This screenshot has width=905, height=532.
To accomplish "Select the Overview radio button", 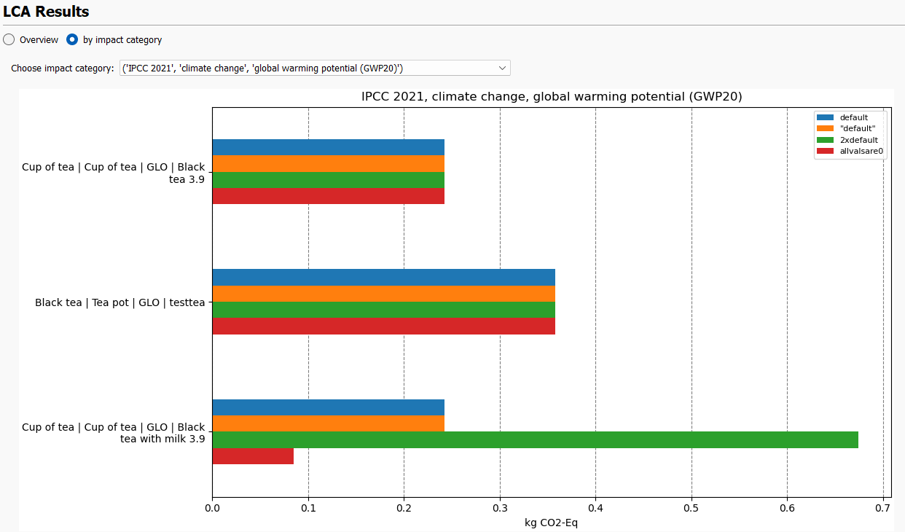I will tap(9, 40).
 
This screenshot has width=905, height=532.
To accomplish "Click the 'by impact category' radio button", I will tap(72, 40).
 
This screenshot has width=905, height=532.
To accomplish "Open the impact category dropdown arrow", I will tap(502, 68).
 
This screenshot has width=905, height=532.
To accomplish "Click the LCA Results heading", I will tap(46, 12).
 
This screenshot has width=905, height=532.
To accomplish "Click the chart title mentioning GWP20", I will tap(552, 96).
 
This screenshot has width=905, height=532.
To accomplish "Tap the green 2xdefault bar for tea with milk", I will tap(535, 439).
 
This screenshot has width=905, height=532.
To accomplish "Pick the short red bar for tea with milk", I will tap(253, 456).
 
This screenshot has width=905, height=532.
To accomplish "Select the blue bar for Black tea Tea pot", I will tap(383, 278).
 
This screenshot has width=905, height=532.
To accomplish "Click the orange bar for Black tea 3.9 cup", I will tap(328, 163).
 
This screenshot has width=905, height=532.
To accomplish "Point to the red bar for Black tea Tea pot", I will tap(383, 326).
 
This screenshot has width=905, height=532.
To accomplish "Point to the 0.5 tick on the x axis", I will tap(692, 508).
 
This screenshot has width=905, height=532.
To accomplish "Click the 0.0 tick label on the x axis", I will tap(212, 508).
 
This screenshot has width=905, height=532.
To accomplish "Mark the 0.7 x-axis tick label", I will tap(883, 508).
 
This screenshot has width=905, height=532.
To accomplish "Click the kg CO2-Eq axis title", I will tap(551, 523).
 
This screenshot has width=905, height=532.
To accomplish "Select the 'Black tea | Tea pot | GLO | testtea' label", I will tap(120, 302).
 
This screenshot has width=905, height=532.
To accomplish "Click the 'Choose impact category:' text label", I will tap(63, 69).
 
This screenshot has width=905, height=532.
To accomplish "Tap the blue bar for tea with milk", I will tap(328, 407).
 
